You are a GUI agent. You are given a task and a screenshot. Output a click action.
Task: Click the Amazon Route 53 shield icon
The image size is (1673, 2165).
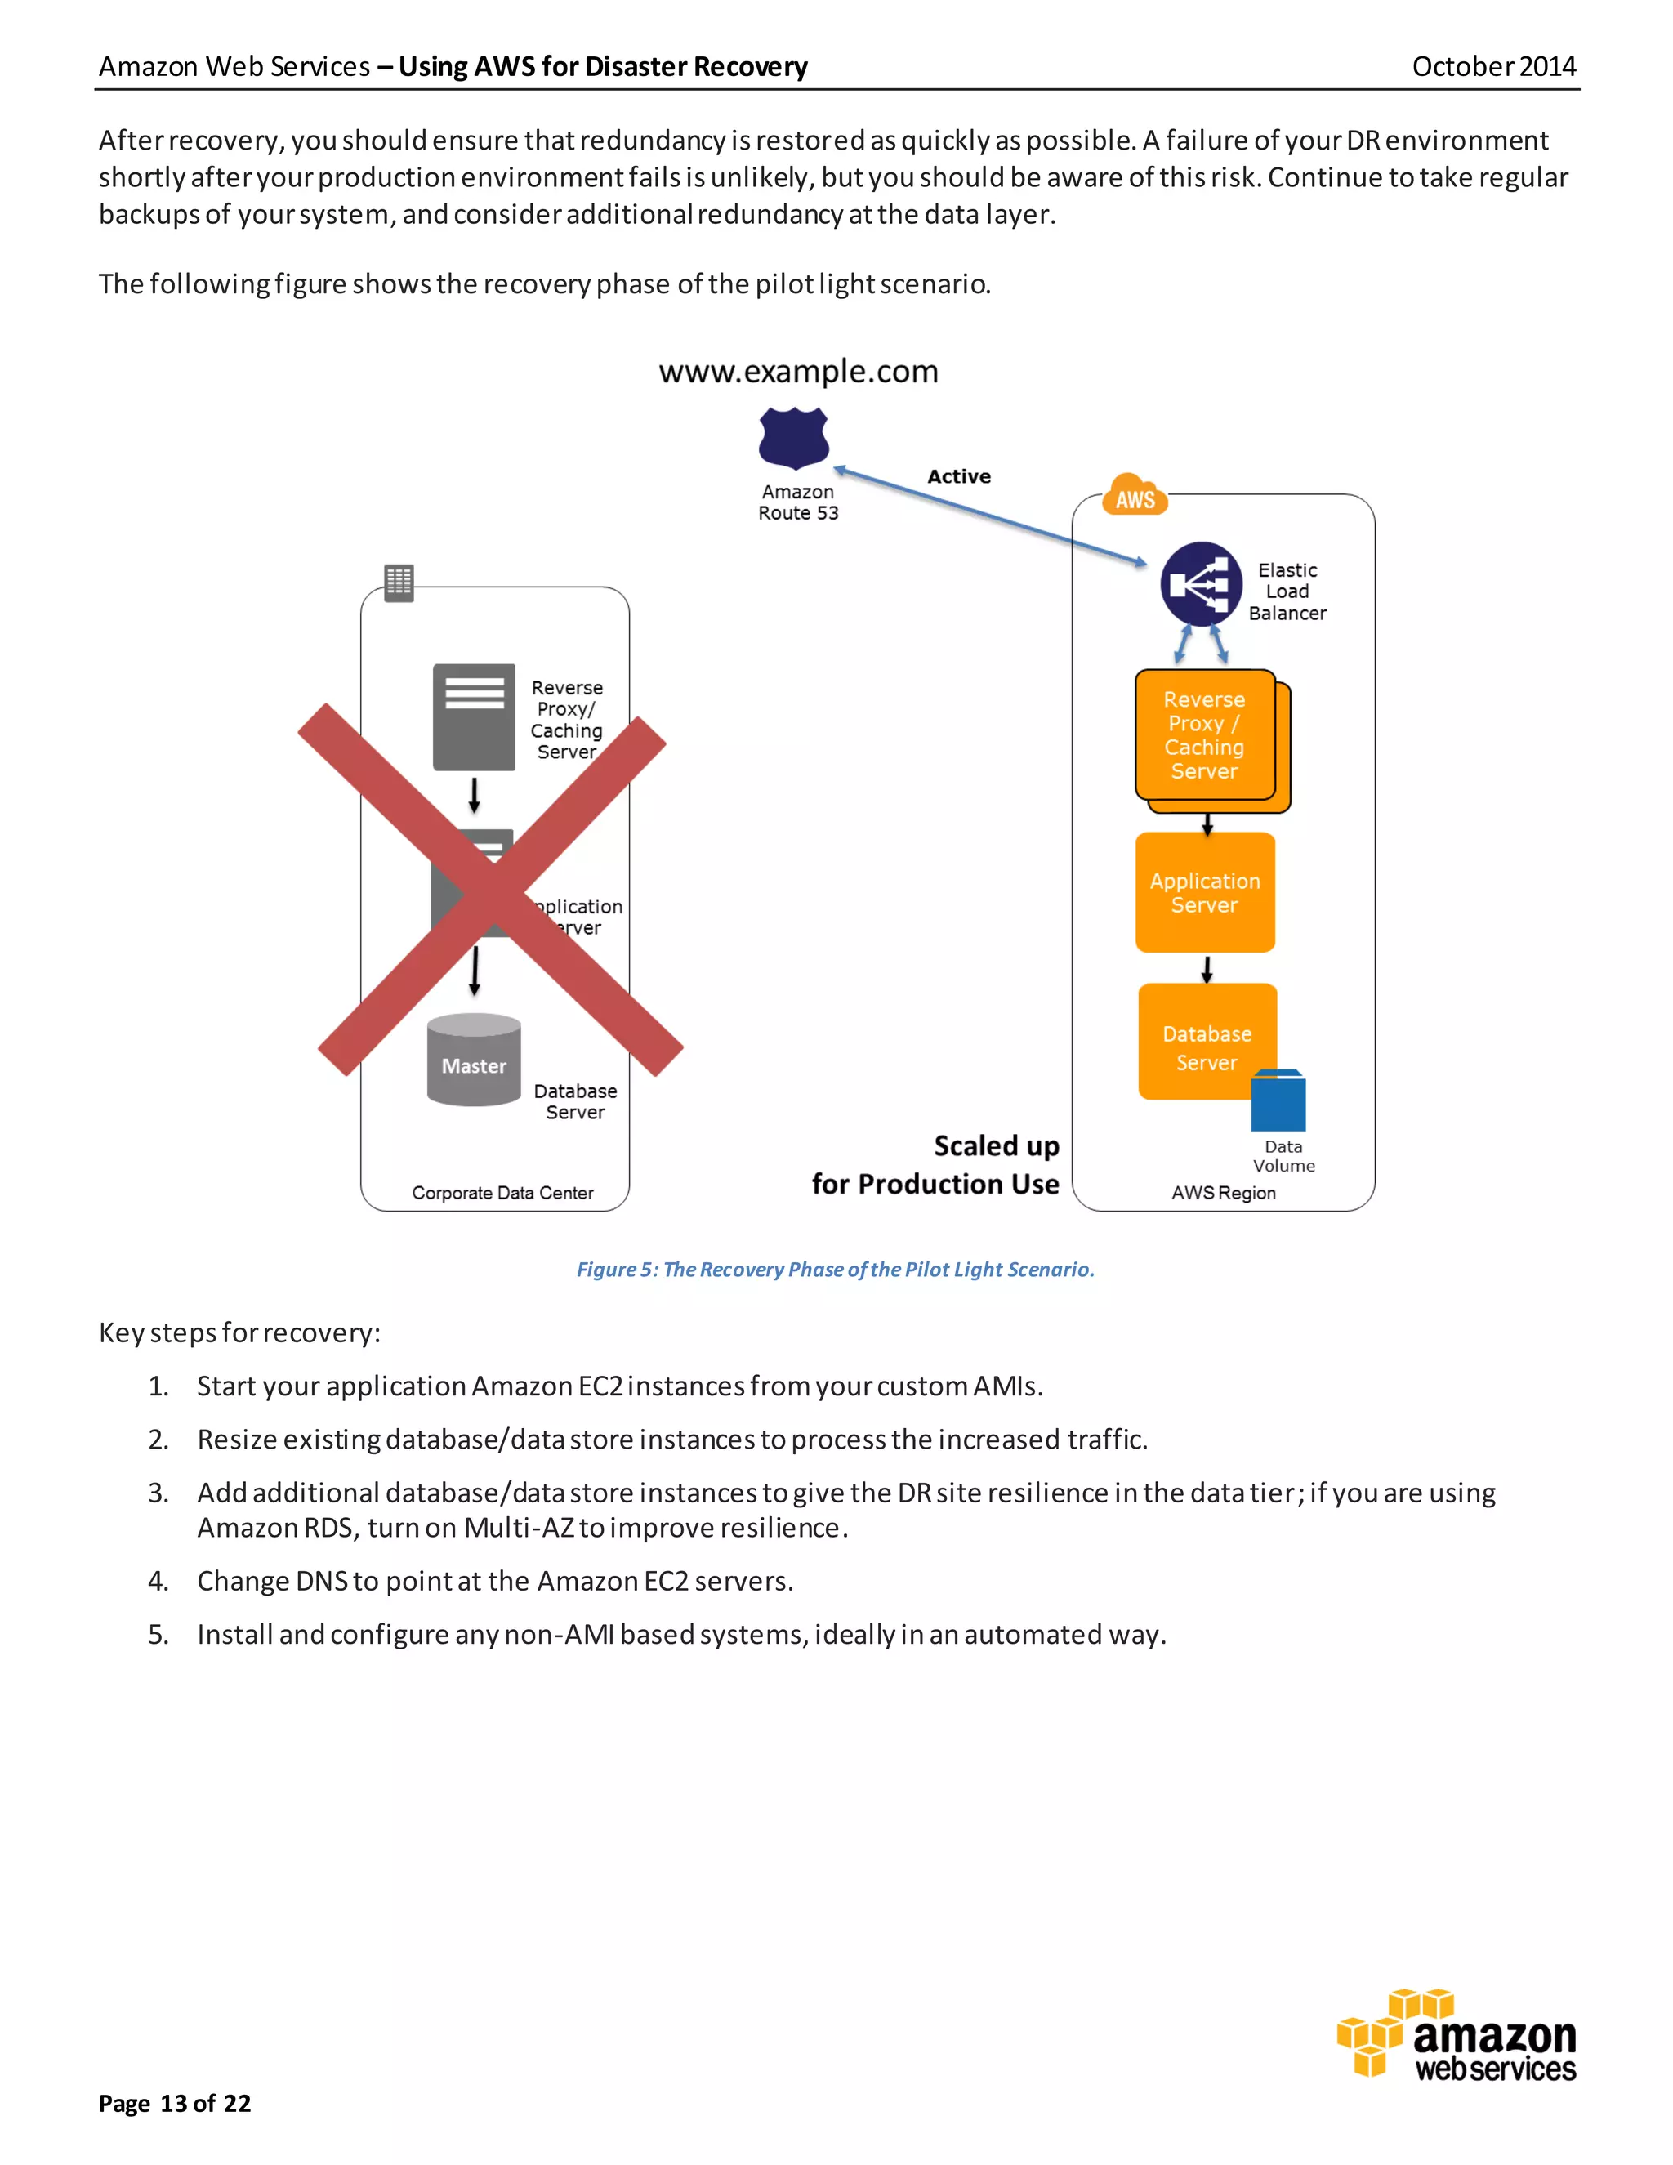point(793,437)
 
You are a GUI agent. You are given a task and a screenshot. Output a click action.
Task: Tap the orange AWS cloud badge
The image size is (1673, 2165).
point(1135,496)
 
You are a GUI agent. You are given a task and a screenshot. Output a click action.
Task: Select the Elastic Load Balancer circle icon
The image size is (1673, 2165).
point(1200,584)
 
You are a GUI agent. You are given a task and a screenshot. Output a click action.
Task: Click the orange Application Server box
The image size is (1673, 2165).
point(1204,892)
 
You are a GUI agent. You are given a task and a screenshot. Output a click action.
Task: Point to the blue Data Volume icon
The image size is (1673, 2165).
point(1278,1101)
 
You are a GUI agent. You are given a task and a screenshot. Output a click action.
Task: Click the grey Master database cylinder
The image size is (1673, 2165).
point(474,1060)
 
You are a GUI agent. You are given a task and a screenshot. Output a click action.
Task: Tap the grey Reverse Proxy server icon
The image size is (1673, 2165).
point(474,716)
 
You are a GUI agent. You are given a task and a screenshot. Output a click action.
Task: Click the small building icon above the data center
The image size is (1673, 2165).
point(399,583)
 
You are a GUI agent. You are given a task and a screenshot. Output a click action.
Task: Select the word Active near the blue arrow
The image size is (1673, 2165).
point(958,477)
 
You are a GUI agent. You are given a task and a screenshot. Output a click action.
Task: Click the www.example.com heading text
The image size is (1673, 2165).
point(798,372)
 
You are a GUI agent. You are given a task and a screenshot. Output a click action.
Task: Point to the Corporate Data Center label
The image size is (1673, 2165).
point(502,1193)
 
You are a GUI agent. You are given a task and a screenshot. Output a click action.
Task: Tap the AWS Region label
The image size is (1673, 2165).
point(1223,1193)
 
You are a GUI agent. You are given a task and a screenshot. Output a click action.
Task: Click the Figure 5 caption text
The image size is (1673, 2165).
point(836,1269)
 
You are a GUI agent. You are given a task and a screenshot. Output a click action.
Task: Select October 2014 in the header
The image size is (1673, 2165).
point(1492,66)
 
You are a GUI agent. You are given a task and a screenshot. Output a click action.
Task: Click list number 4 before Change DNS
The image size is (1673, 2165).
point(158,1581)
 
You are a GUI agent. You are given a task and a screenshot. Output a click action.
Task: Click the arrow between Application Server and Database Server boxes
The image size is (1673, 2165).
point(1207,968)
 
